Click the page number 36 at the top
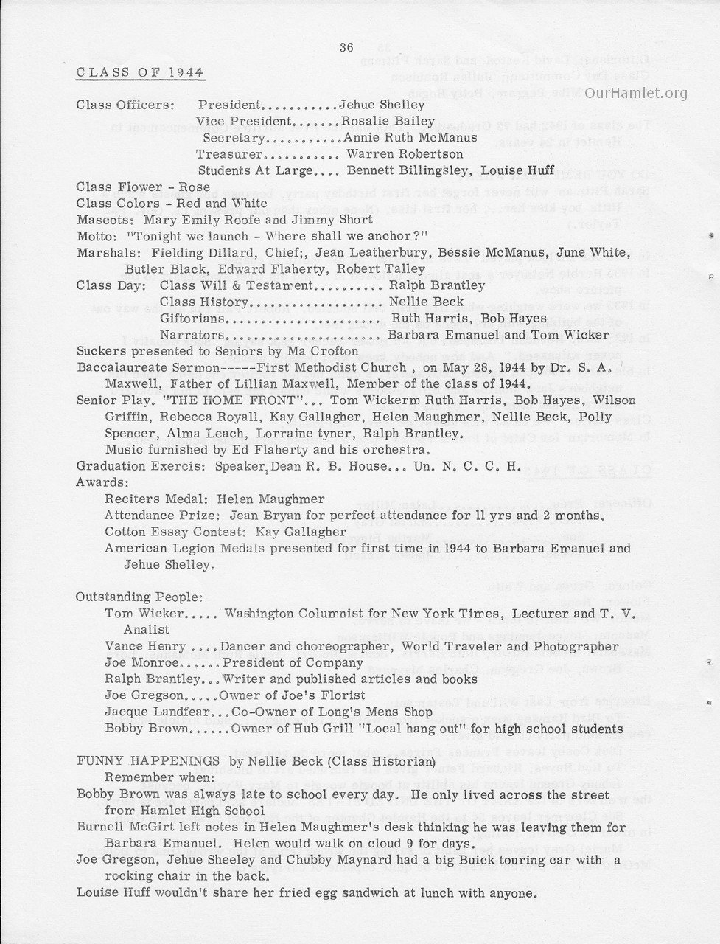(x=346, y=48)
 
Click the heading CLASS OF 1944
(x=140, y=72)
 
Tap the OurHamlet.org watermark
(x=641, y=93)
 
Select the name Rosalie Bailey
(x=382, y=122)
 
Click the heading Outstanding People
(x=139, y=597)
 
